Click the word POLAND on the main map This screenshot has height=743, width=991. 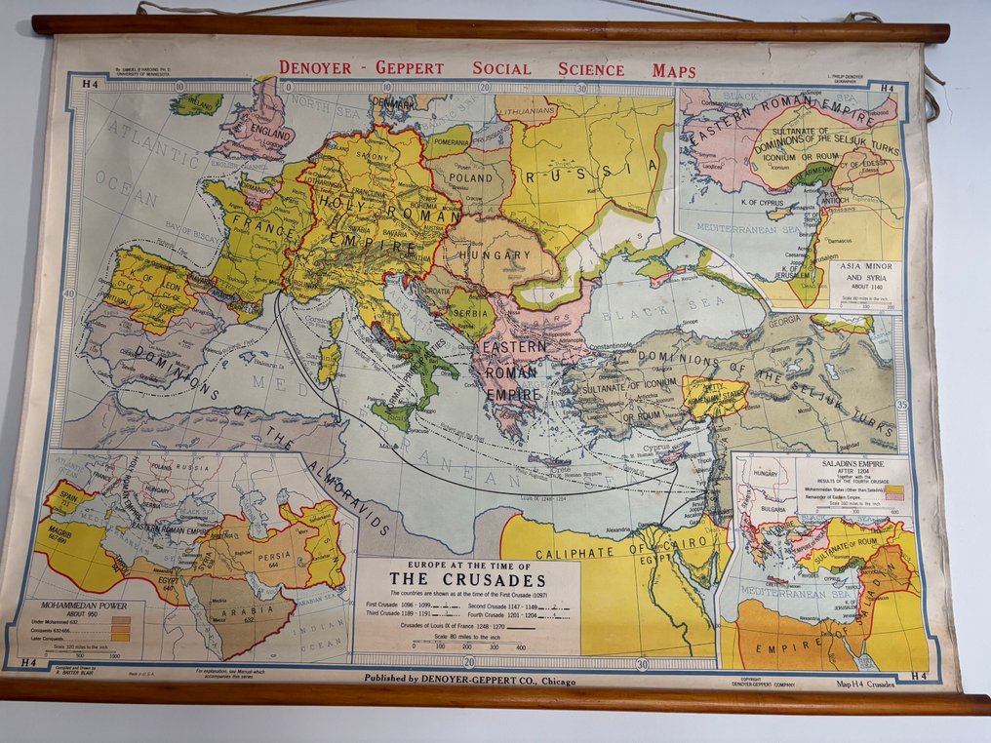pos(471,179)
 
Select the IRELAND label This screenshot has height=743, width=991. pos(197,101)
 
